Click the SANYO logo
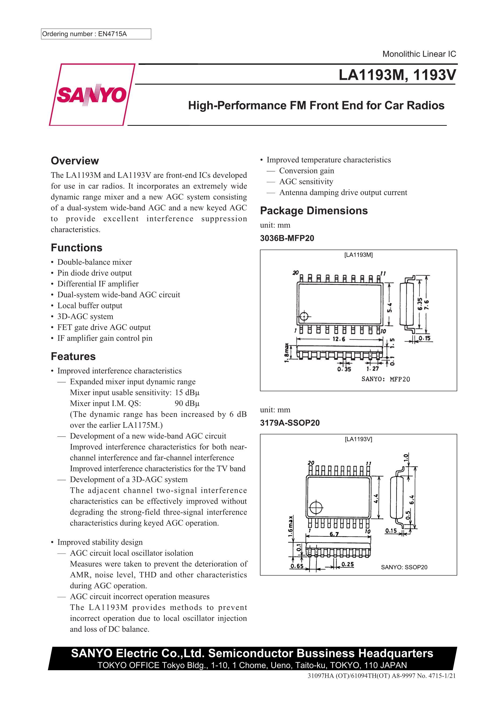coord(92,95)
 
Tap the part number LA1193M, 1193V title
coord(397,75)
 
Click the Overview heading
coord(75,161)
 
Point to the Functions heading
coord(77,248)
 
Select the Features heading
coord(73,356)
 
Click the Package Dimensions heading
coord(314,211)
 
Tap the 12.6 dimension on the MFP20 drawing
coord(339,339)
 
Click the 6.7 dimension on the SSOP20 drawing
coord(334,534)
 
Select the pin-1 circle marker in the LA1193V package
coord(315,508)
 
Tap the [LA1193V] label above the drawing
coord(358,439)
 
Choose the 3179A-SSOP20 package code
coord(289,423)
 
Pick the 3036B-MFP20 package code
coord(287,238)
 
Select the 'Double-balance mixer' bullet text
coord(95,262)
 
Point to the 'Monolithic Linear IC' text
coord(419,54)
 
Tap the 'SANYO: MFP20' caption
coord(386,379)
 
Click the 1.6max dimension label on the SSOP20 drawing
coord(290,526)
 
